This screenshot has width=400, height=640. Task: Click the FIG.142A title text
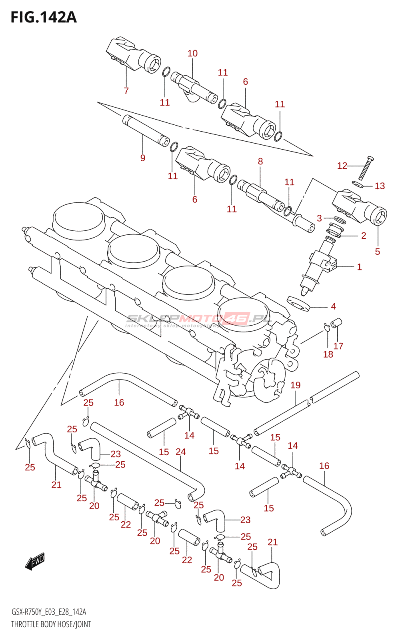43,17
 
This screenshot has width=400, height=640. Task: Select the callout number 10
192,53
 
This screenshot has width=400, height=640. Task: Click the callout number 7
126,91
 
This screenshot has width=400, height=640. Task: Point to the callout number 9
143,158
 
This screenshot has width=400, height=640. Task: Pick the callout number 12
342,166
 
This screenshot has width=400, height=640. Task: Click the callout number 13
380,186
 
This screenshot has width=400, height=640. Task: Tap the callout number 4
333,306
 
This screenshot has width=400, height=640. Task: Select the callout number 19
295,385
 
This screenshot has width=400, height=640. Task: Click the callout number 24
181,452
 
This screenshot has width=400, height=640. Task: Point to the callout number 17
338,346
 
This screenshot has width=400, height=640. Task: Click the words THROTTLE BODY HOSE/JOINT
51,624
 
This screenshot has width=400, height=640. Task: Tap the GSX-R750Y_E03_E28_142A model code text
49,612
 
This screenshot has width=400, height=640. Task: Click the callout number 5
377,252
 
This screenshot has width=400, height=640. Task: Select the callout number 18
328,354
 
